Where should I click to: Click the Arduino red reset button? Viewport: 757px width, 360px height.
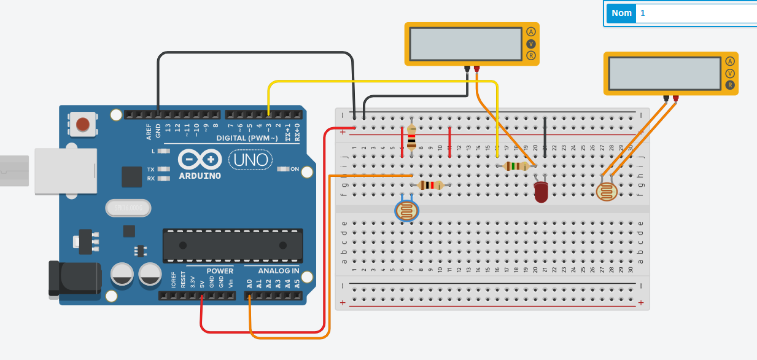click(82, 125)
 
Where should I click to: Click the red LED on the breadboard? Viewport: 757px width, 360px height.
click(541, 192)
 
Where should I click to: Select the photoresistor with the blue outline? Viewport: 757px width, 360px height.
click(406, 211)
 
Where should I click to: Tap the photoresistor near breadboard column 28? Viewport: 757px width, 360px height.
click(607, 192)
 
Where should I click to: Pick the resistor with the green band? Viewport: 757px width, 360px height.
click(516, 166)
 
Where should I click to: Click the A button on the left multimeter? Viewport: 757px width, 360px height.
click(531, 32)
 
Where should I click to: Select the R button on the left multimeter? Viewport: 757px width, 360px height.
click(531, 55)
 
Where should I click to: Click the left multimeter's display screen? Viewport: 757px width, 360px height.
click(465, 43)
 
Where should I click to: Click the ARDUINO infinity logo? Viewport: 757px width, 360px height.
click(199, 160)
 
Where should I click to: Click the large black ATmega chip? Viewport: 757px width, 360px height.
click(233, 245)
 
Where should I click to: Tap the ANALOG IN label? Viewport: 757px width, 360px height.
click(278, 271)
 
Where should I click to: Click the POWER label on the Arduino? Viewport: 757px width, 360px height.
click(219, 271)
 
